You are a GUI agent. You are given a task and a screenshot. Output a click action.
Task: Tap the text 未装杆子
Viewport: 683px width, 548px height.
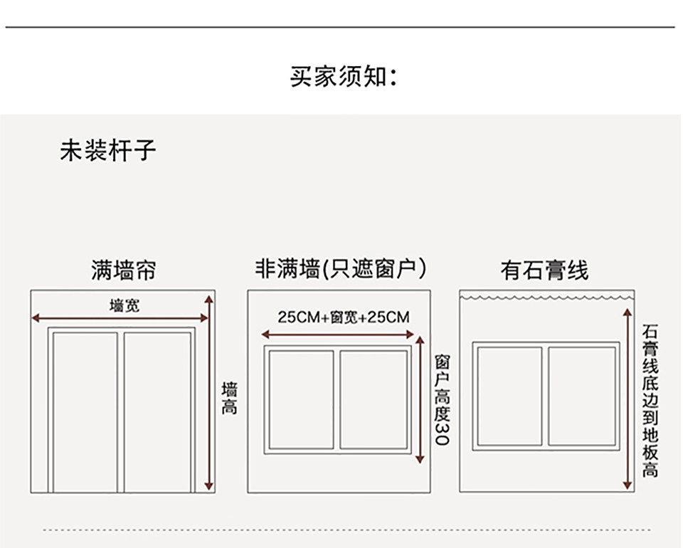107,151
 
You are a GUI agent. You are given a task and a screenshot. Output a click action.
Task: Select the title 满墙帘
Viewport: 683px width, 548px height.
122,270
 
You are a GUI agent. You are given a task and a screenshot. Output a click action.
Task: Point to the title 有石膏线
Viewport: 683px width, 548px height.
544,270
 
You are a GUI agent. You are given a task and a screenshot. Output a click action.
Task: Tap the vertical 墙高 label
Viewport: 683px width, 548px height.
229,399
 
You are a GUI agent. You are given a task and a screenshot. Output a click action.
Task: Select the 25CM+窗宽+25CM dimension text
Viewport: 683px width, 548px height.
344,317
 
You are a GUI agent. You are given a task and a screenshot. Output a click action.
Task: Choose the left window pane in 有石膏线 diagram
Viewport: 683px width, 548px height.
510,396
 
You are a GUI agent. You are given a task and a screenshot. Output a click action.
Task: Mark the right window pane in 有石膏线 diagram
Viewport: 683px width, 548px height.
581,396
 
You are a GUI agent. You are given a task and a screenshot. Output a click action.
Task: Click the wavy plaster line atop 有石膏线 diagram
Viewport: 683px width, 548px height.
546,295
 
